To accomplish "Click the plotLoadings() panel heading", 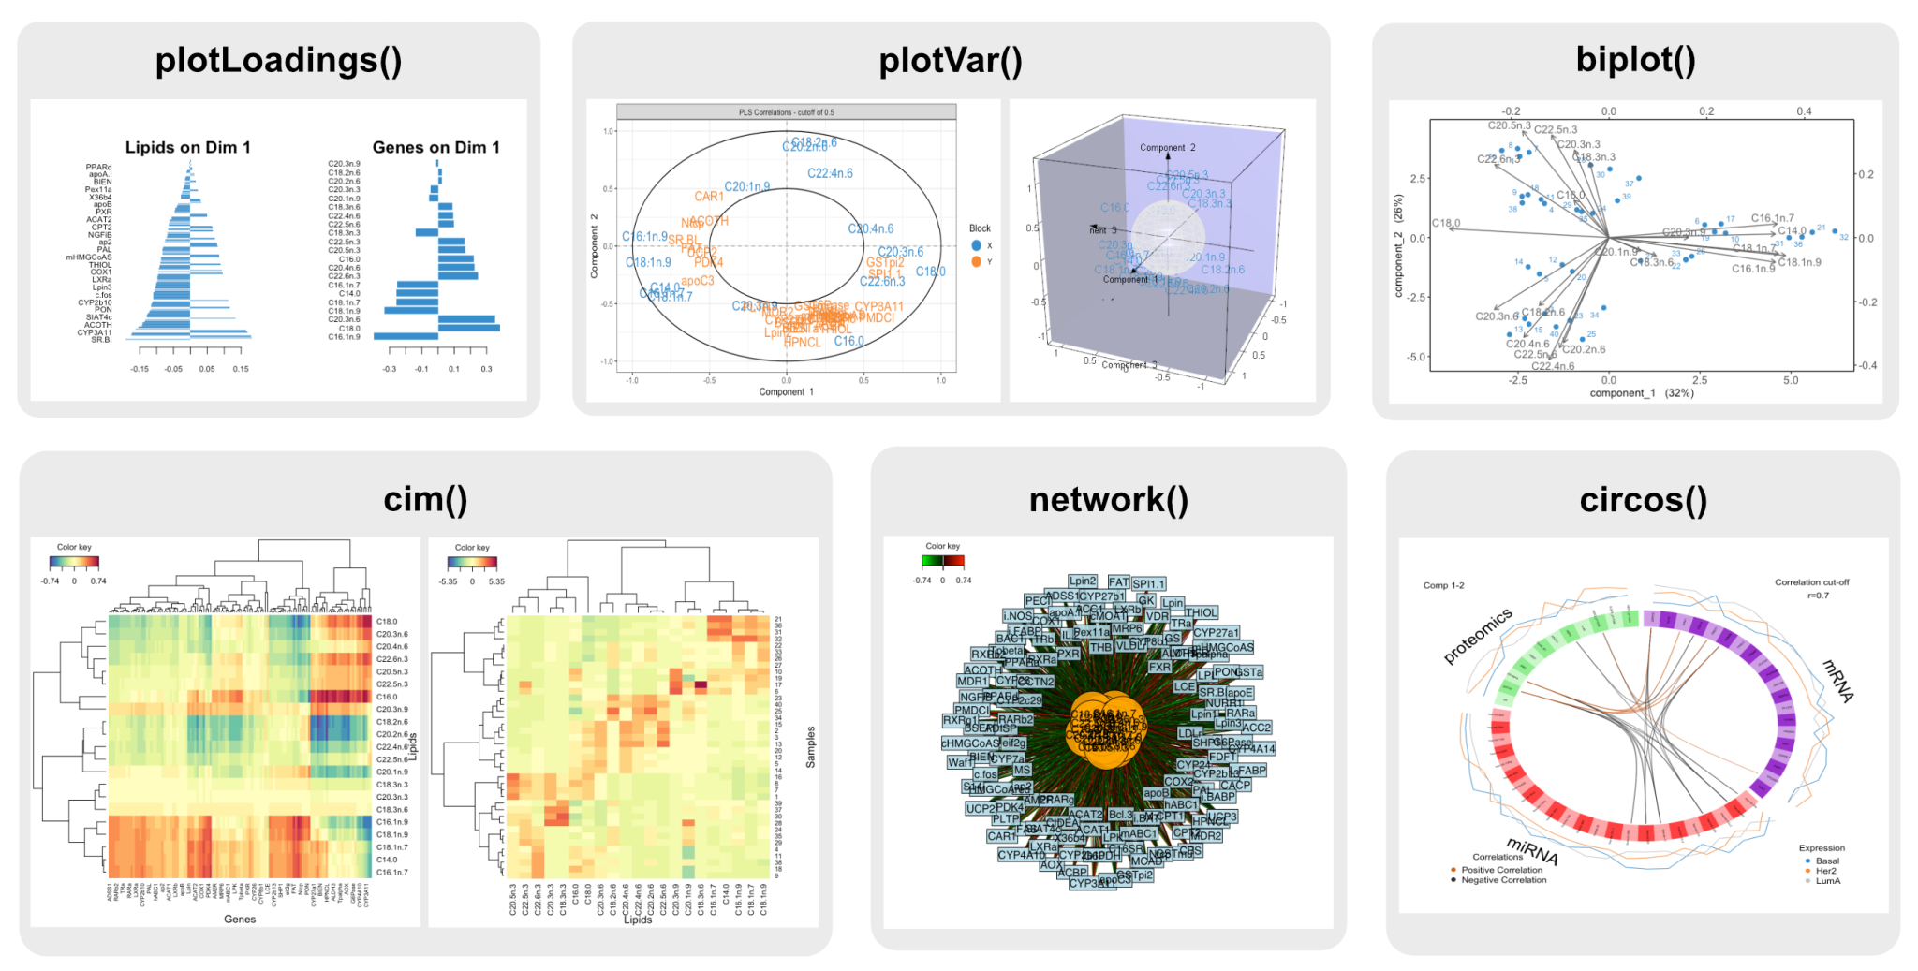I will pos(278,61).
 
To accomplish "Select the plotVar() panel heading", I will pos(950,61).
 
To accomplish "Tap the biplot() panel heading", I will pos(1635,59).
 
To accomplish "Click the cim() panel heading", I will pos(425,499).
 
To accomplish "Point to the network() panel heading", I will pos(1108,500).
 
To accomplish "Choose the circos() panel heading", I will pos(1643,500).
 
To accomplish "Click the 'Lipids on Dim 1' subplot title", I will pos(187,147).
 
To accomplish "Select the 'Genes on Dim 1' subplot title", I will pos(435,147).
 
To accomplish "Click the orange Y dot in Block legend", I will pos(977,262).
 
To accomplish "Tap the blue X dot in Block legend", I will pos(977,245).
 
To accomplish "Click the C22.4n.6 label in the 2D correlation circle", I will pos(830,173).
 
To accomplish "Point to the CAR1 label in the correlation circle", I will pos(709,197).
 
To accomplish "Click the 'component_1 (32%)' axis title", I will pos(1641,393).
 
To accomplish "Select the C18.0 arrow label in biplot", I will pos(1445,223).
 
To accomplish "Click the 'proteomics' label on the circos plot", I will pos(1477,637).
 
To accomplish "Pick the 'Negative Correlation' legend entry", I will pos(1503,880).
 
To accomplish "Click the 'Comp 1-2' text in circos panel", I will pos(1443,585).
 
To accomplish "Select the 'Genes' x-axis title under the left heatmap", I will pos(240,920).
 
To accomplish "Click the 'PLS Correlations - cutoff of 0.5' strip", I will pos(786,112).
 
